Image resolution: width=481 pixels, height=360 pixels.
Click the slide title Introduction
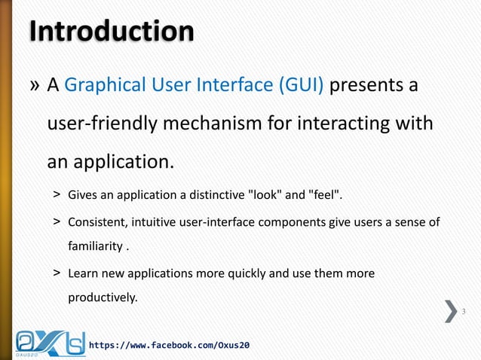tap(112, 32)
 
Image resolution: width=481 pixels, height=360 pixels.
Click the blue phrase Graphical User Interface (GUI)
tap(195, 86)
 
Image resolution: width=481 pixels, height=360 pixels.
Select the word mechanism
tap(225, 123)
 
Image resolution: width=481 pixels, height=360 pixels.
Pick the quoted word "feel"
tap(326, 197)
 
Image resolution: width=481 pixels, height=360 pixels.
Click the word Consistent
tap(96, 223)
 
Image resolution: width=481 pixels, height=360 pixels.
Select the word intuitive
tap(150, 223)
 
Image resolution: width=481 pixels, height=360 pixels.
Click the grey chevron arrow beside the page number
tap(451, 311)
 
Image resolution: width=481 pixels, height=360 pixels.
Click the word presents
tap(367, 86)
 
